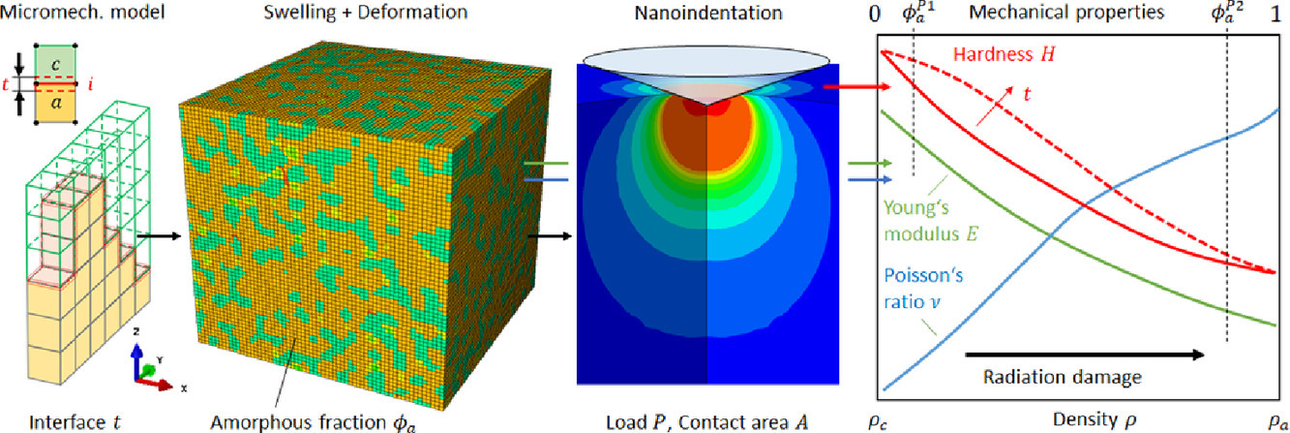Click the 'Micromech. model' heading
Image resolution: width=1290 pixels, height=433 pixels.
(82, 12)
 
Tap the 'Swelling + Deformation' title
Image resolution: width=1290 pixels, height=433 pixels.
(366, 12)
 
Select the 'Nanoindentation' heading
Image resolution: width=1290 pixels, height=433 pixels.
(708, 13)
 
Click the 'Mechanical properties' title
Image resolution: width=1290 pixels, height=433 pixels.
(1066, 12)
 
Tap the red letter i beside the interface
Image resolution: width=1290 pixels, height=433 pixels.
(90, 84)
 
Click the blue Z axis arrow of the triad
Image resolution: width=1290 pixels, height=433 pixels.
(136, 361)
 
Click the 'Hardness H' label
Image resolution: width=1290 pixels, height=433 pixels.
(1004, 54)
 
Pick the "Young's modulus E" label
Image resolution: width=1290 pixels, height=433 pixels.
(931, 221)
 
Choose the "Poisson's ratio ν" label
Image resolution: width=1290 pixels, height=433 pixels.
(923, 289)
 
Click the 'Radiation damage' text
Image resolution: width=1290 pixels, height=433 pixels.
(1062, 377)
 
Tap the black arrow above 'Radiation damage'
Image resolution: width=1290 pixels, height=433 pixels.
(1085, 355)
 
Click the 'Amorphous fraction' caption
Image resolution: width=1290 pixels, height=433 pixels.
(313, 422)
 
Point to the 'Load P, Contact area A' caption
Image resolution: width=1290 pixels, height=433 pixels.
(707, 422)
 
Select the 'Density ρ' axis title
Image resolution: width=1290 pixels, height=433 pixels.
(1095, 420)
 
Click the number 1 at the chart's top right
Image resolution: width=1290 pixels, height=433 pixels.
(1275, 14)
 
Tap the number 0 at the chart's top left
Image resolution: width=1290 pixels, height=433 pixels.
(874, 14)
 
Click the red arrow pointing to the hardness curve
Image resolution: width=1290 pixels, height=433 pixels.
(856, 86)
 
